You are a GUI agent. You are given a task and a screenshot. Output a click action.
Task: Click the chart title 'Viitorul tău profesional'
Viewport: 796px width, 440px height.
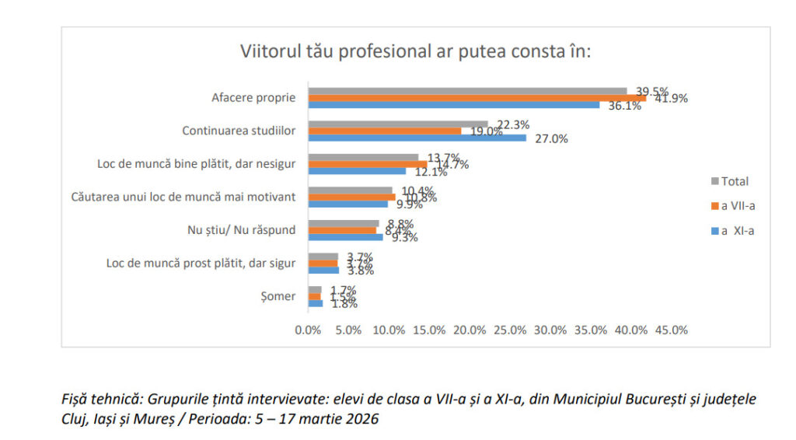point(416,52)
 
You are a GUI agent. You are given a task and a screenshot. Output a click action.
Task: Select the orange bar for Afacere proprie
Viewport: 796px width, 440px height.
point(477,98)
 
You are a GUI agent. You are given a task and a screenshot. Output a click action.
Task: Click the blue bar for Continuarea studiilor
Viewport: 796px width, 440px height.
point(417,138)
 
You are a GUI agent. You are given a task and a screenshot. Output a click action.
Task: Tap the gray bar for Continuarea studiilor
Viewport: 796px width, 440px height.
point(398,124)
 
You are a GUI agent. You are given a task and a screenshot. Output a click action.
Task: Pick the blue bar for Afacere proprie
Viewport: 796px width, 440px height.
point(454,105)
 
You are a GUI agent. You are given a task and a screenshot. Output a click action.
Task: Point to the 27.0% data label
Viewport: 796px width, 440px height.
point(551,139)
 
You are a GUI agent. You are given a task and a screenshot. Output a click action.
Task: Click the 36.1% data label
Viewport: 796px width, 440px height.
point(624,107)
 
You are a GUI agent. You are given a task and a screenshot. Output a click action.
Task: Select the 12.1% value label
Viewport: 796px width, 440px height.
point(431,173)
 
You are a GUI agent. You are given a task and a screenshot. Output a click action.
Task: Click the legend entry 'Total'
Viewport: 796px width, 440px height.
point(734,181)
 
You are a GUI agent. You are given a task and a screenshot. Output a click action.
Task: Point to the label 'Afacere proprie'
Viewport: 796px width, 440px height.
point(253,98)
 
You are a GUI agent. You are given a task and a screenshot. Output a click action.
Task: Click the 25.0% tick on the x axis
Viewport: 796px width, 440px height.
point(510,330)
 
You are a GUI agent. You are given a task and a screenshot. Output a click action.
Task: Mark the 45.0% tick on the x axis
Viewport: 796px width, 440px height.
point(672,330)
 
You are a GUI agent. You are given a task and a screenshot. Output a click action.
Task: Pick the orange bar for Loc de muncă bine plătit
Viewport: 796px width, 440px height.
point(367,164)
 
